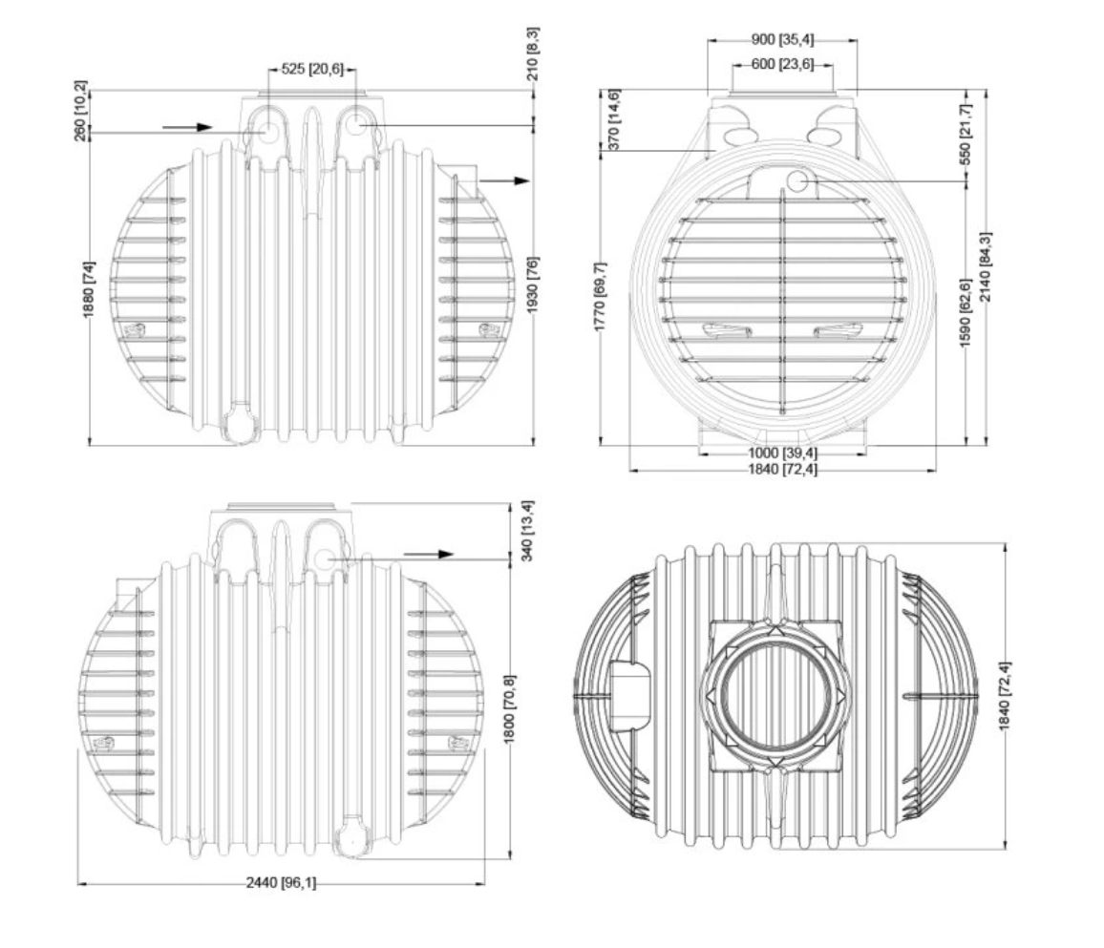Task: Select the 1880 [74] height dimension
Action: point(90,289)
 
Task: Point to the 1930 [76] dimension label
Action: point(533,285)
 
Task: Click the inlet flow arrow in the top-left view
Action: point(187,127)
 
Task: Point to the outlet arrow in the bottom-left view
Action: point(429,554)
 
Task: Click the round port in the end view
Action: point(797,180)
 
